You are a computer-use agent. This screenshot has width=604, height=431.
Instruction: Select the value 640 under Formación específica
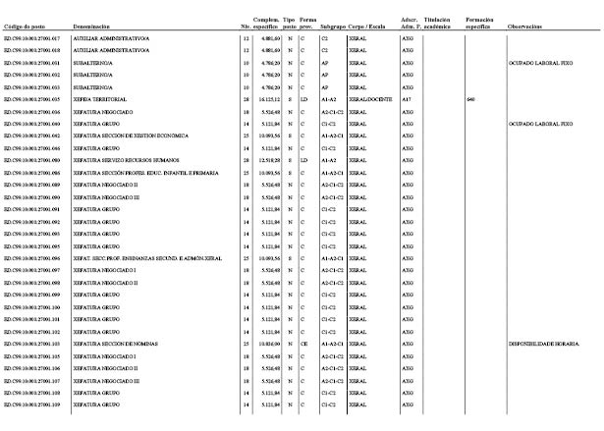coord(470,99)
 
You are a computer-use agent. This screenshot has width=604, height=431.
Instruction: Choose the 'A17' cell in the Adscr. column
coord(407,99)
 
